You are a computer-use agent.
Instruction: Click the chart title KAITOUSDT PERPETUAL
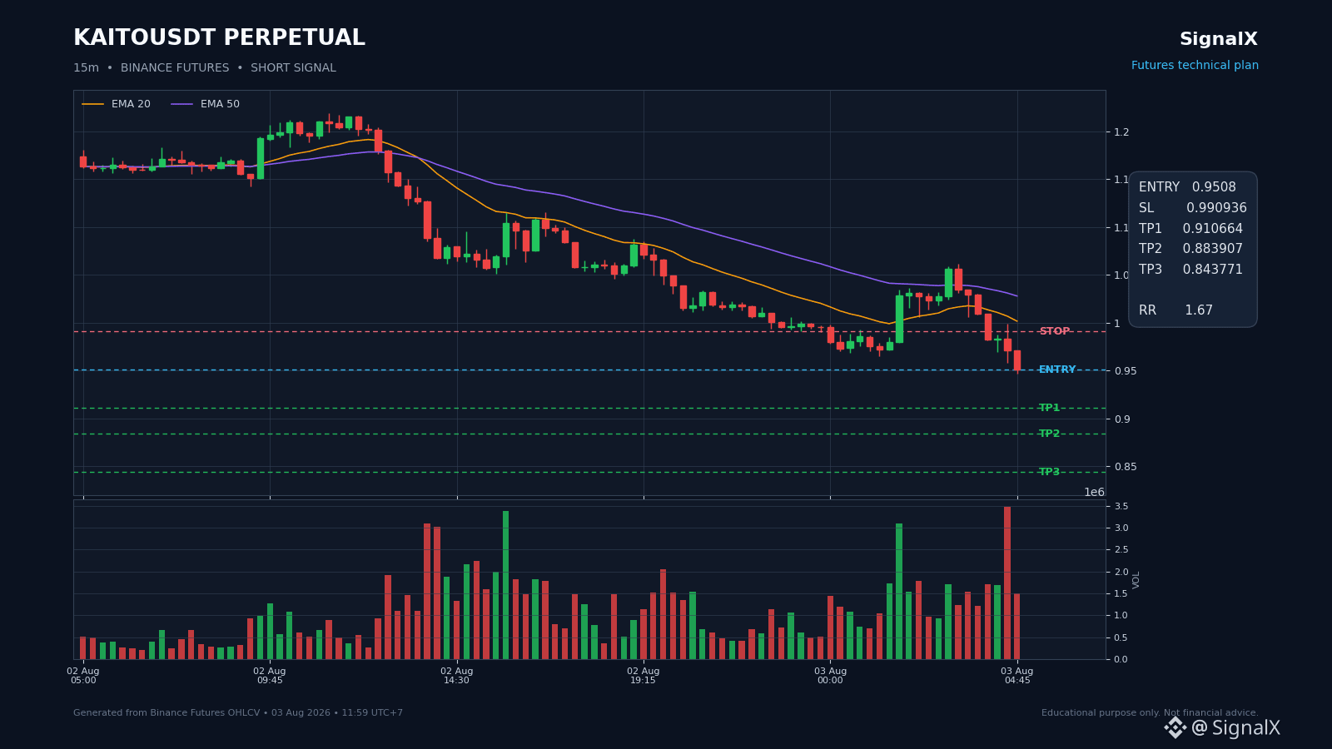pyautogui.click(x=219, y=37)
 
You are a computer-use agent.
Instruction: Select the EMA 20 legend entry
pyautogui.click(x=116, y=104)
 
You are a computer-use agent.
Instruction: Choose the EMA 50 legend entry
pyautogui.click(x=205, y=104)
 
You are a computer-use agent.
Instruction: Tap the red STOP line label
pyautogui.click(x=1054, y=331)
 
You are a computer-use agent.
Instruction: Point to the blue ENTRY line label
pyautogui.click(x=1056, y=370)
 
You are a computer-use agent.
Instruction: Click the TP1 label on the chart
pyautogui.click(x=1049, y=408)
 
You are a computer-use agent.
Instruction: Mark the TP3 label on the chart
pyautogui.click(x=1049, y=472)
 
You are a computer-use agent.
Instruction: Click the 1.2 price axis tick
pyautogui.click(x=1121, y=132)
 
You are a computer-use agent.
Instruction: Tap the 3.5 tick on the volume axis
pyautogui.click(x=1121, y=507)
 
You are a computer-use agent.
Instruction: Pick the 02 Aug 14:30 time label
pyautogui.click(x=457, y=675)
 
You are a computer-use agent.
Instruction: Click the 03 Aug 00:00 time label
pyautogui.click(x=830, y=675)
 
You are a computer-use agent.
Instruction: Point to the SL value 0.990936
pyautogui.click(x=1216, y=207)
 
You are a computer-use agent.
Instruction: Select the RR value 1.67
pyautogui.click(x=1198, y=310)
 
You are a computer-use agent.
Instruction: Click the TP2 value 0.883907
pyautogui.click(x=1212, y=249)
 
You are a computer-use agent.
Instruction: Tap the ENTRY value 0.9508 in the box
pyautogui.click(x=1214, y=186)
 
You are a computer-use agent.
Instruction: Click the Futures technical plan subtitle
pyautogui.click(x=1195, y=66)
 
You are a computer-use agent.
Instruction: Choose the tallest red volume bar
pyautogui.click(x=1007, y=583)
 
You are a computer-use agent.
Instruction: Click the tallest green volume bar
pyautogui.click(x=505, y=585)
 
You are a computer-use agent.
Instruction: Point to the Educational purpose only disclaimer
pyautogui.click(x=1150, y=712)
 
